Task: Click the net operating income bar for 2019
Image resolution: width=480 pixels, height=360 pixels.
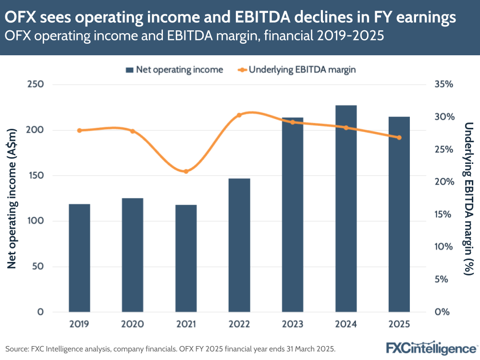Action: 79,258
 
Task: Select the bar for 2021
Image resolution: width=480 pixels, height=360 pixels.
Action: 186,258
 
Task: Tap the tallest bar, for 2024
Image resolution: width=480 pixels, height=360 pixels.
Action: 346,208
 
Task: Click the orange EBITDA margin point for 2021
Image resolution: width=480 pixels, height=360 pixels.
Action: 186,171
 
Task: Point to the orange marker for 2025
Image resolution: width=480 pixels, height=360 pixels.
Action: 399,137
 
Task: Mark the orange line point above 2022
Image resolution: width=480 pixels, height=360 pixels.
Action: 239,115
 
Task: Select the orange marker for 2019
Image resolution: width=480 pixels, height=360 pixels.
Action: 79,130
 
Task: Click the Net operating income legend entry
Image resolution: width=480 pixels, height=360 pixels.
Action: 174,70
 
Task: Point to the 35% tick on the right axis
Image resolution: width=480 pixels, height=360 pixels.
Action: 444,85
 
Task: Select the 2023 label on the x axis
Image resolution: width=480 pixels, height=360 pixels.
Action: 293,324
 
